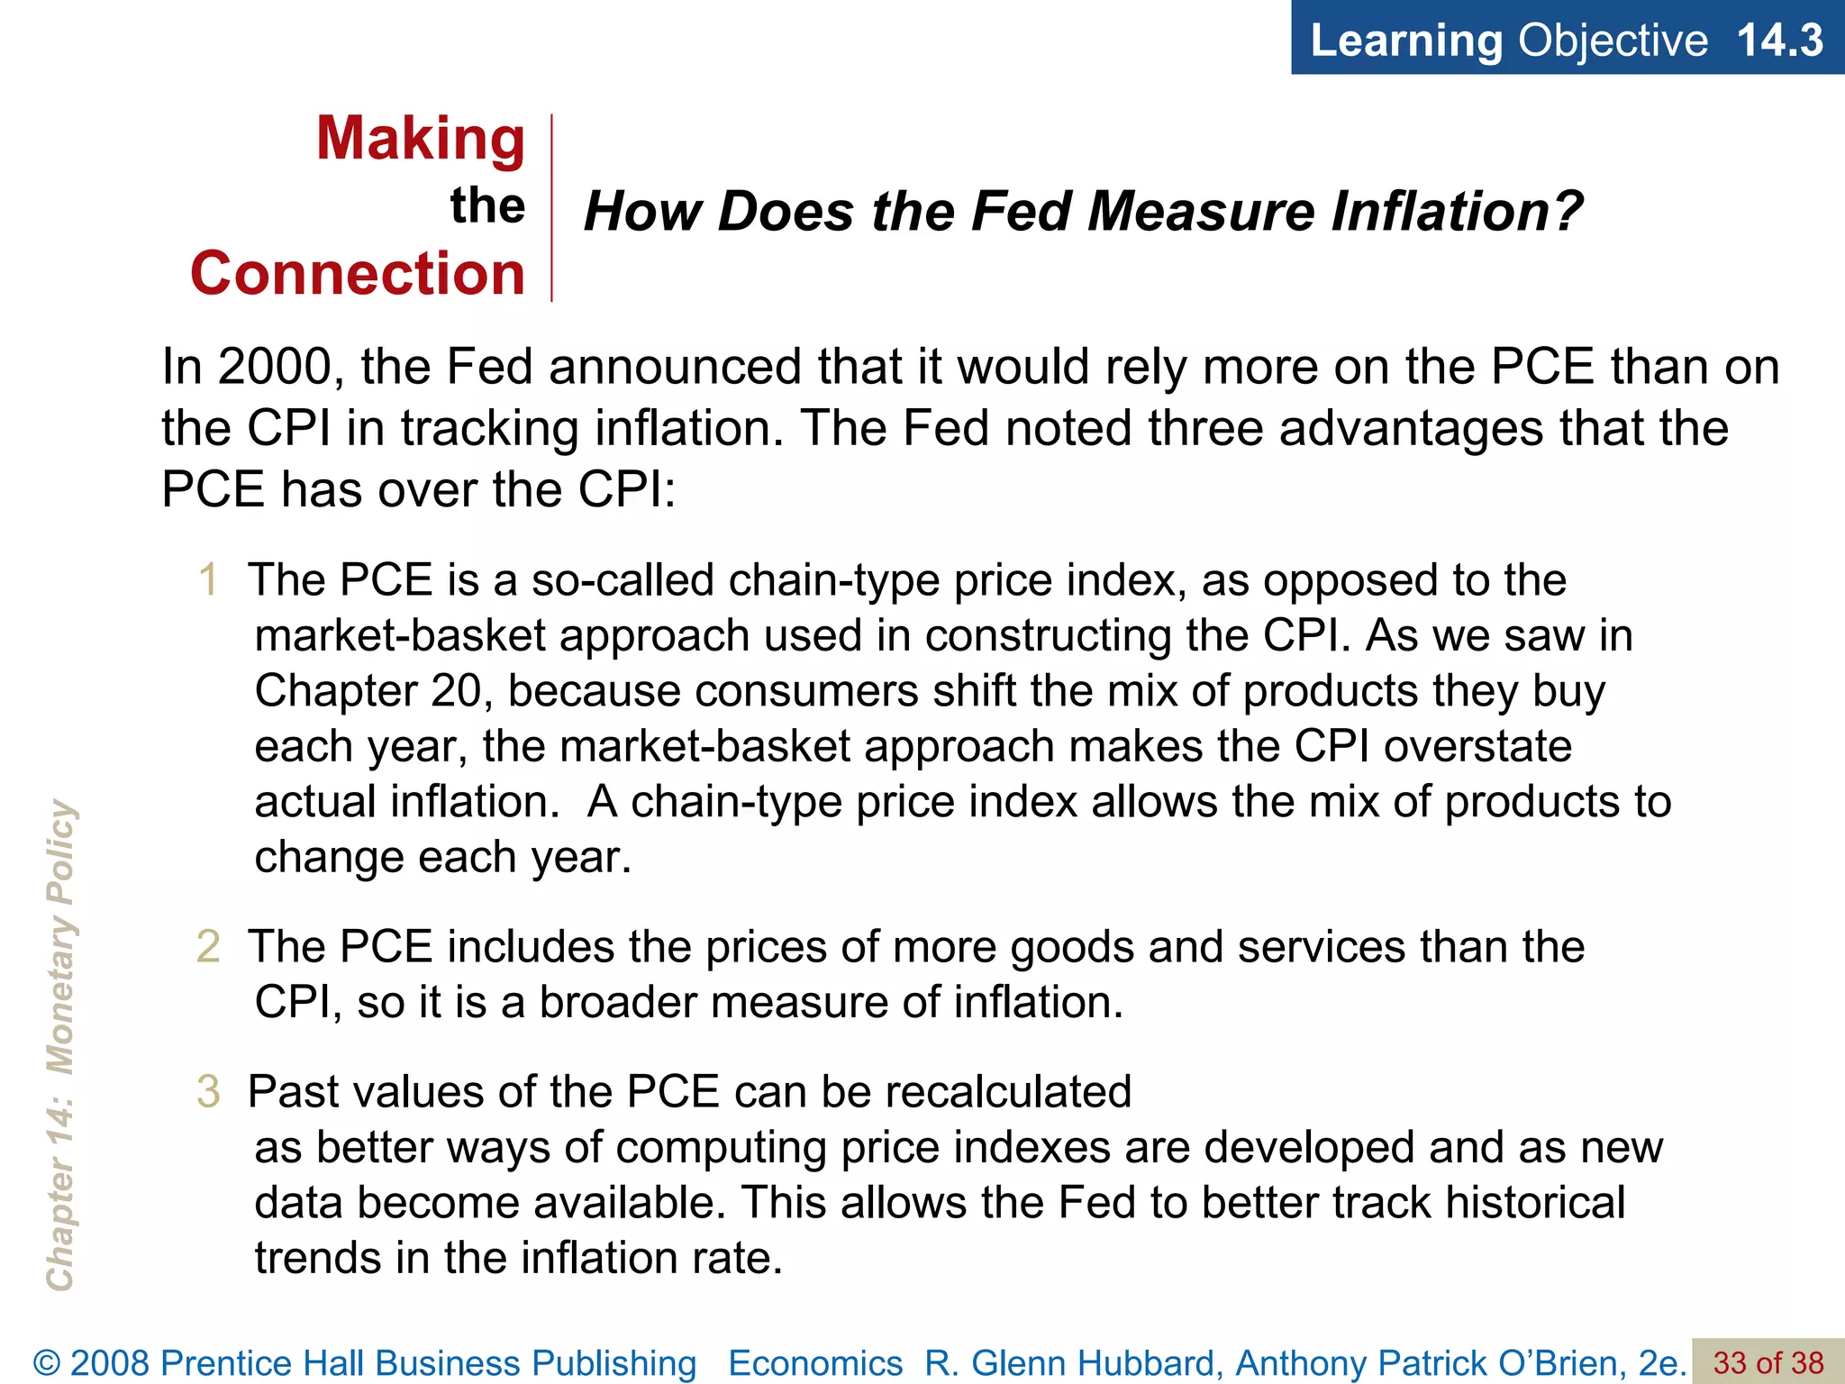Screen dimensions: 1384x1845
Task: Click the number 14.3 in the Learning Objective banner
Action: click(x=1778, y=40)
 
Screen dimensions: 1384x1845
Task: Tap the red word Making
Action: click(x=421, y=140)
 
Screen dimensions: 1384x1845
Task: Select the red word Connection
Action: click(x=358, y=274)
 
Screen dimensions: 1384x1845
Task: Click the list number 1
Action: click(x=208, y=579)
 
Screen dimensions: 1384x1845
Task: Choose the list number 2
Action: click(x=208, y=947)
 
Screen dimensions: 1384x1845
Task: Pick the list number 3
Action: click(x=208, y=1092)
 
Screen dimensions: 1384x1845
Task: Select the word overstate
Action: click(x=1477, y=747)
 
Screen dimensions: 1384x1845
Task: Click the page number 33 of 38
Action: click(x=1768, y=1362)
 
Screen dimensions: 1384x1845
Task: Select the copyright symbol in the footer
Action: click(x=47, y=1363)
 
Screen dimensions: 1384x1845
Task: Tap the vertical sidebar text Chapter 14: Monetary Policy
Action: click(x=61, y=1045)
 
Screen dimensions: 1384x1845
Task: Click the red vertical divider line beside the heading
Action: click(x=551, y=207)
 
